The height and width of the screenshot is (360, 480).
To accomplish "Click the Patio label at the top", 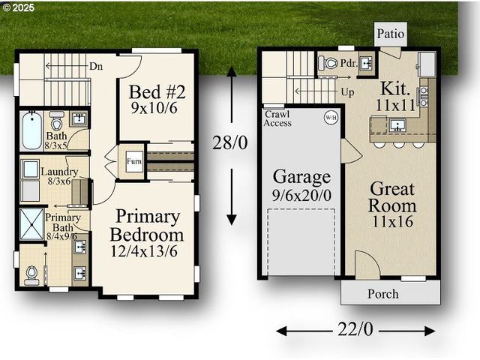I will (x=390, y=33).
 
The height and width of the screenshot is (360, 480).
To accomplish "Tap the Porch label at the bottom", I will (x=382, y=293).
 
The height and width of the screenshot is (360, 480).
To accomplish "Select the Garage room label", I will (x=301, y=177).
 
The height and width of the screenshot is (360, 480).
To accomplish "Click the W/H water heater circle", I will (x=331, y=118).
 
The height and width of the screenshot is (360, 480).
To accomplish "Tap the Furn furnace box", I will (x=134, y=161).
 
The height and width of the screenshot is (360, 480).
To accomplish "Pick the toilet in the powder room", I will (x=328, y=64).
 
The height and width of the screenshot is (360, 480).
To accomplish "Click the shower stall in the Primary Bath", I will (x=31, y=223).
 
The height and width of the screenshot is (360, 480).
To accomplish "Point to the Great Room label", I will (x=392, y=197).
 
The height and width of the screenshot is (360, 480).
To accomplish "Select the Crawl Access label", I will (x=277, y=118).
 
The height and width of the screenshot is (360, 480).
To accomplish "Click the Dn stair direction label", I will (x=96, y=66).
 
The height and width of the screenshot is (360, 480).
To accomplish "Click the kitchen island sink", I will (x=397, y=125).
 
